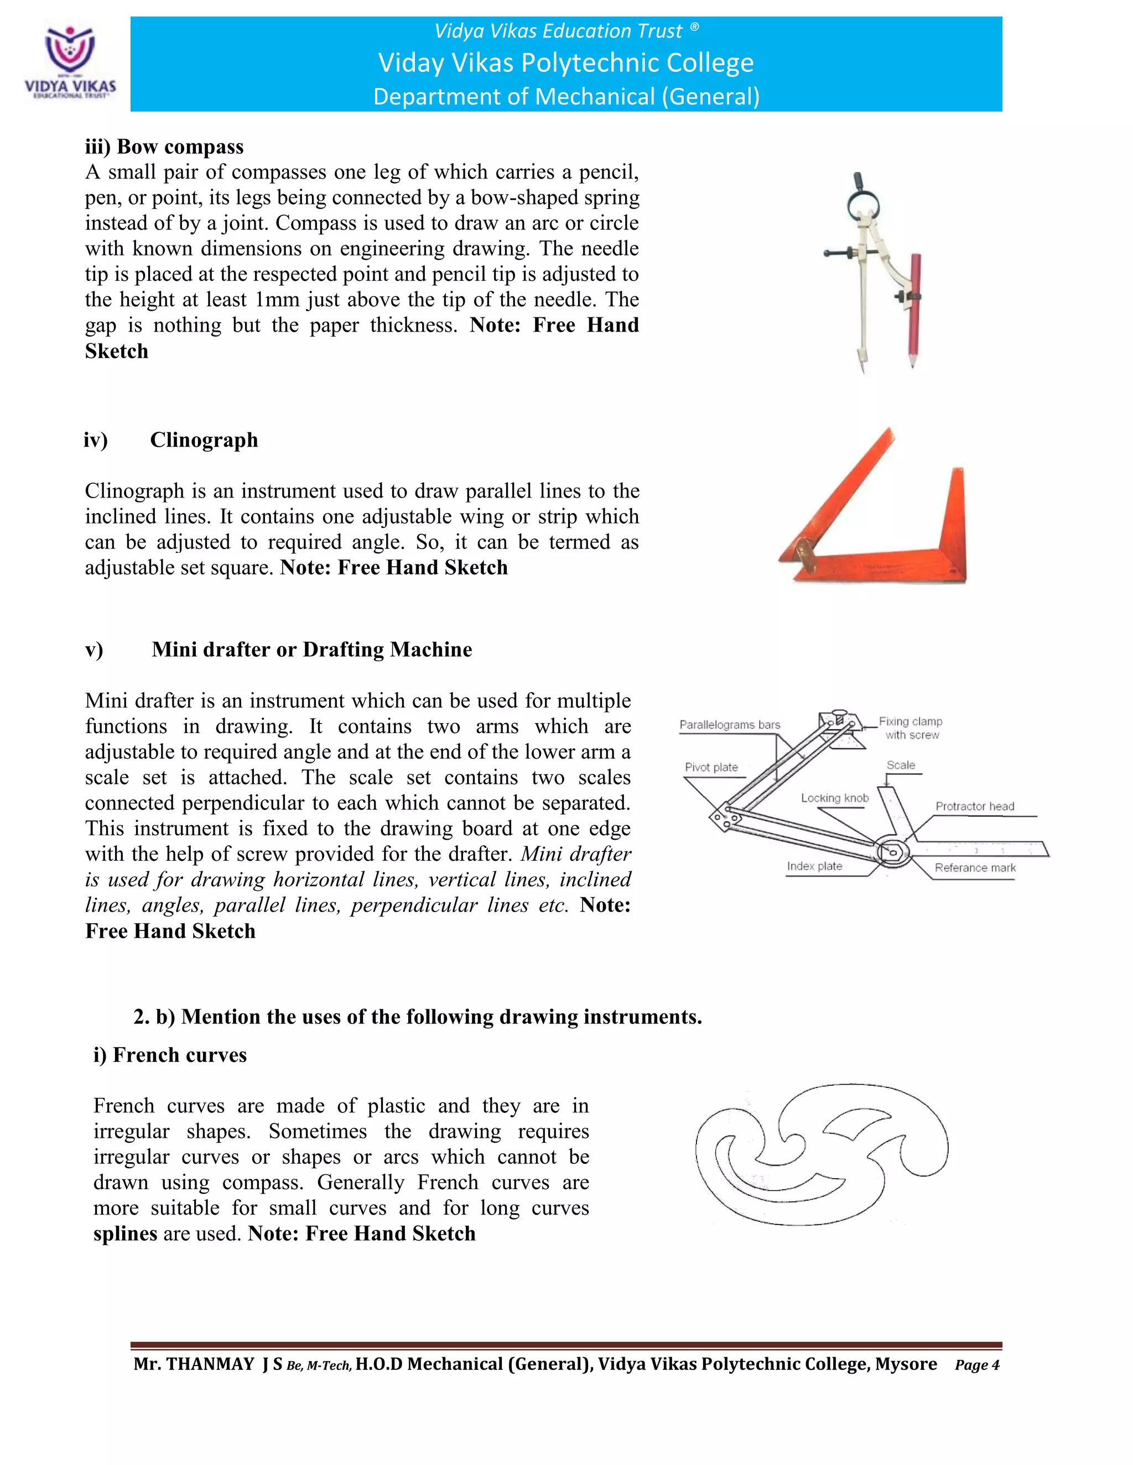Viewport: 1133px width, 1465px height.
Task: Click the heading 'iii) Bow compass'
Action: [x=164, y=147]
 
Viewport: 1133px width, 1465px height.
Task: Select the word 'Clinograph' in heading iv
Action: [x=204, y=440]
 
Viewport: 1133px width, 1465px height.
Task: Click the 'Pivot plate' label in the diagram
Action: [x=711, y=767]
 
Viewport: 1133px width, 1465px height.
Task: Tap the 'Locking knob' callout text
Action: [x=834, y=798]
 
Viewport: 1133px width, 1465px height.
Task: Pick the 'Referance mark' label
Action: [x=975, y=867]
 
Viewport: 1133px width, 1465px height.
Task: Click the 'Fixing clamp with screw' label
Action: [x=911, y=728]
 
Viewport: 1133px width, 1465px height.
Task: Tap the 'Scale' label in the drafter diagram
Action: [x=900, y=765]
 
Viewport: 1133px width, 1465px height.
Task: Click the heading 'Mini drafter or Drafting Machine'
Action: [x=311, y=650]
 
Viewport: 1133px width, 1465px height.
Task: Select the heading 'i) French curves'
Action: [x=170, y=1055]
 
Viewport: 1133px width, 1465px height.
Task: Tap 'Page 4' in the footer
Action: [x=976, y=1365]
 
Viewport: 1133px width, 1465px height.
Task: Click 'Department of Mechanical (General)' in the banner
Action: [x=566, y=97]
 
